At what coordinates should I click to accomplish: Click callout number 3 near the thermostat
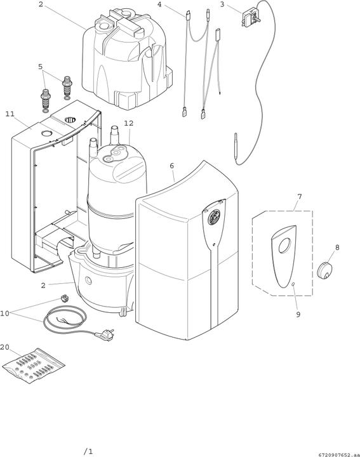pos(222,4)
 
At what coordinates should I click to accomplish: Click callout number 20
pos(6,347)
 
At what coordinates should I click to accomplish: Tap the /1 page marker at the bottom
pos(88,451)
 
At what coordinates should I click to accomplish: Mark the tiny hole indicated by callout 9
pos(293,285)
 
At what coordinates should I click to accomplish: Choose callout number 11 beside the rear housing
pos(10,114)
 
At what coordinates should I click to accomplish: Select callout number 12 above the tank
pos(129,123)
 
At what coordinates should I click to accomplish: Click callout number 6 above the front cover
pos(171,166)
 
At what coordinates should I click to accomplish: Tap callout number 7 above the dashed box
pos(298,197)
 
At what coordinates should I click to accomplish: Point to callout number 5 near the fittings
pos(41,66)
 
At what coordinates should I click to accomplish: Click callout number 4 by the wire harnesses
pos(159,4)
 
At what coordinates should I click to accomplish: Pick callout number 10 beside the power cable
pos(6,313)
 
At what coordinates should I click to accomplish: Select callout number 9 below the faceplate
pos(298,314)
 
